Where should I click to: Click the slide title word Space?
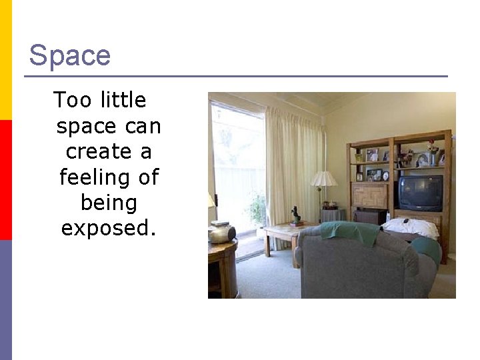69,55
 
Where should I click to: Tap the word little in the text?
123,101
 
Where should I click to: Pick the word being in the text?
108,203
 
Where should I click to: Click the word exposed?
108,228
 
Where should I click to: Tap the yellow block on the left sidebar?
6,60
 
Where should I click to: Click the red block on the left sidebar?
6,180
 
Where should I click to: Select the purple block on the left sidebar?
6,300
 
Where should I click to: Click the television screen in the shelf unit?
420,193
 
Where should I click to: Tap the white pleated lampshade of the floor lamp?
324,179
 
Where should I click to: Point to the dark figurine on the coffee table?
295,215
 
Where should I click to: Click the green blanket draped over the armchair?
349,231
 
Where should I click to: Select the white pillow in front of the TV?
411,227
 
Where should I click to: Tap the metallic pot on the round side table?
221,233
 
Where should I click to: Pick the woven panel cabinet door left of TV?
371,196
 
